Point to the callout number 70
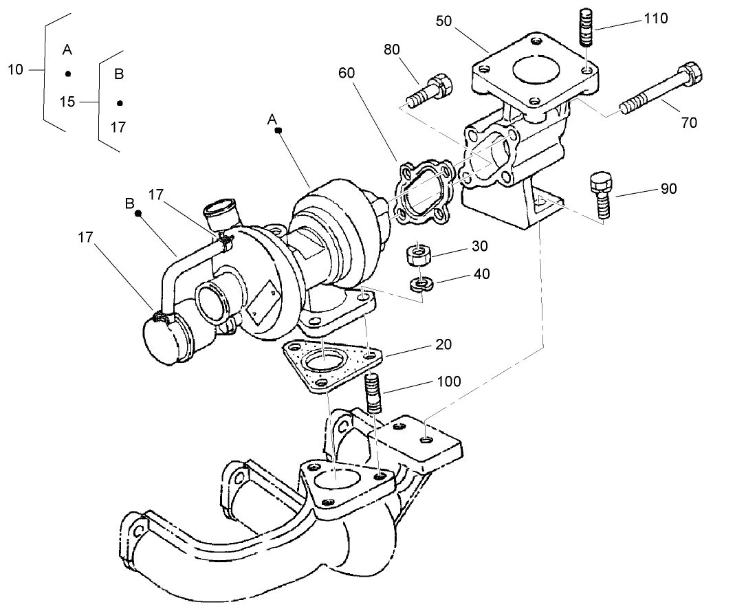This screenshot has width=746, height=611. [x=688, y=123]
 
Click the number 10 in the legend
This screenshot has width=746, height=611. [x=16, y=69]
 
